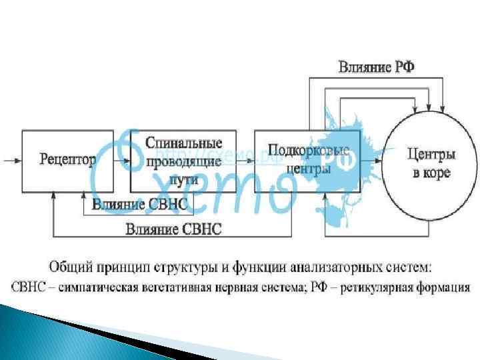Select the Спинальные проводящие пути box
[x=183, y=161]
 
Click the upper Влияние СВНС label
[x=140, y=204]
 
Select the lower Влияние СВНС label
[x=173, y=229]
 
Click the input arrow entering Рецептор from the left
[x=12, y=160]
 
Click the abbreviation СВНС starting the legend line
[x=27, y=288]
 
